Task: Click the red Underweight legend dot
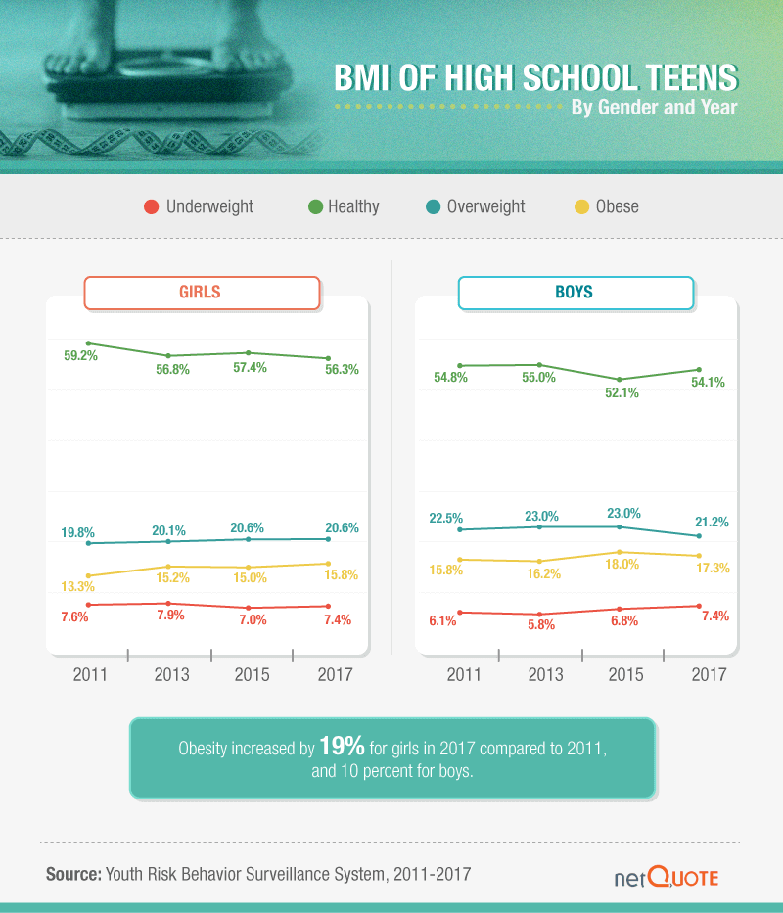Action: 151,206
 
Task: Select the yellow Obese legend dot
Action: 581,206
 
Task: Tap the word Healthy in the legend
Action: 353,206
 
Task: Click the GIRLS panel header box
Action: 202,293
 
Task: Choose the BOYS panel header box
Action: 576,293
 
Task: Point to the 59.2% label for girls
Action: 81,356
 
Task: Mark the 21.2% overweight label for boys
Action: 712,523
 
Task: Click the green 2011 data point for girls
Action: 88,343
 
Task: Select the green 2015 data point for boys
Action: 620,379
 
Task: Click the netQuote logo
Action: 666,877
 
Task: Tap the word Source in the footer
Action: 73,873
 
